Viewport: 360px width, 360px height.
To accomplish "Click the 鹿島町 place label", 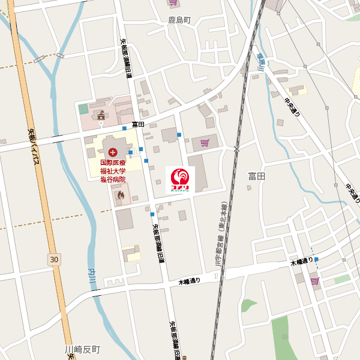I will [179, 20].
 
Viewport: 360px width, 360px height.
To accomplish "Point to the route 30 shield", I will [55, 259].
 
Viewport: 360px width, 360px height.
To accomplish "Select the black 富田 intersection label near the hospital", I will [139, 124].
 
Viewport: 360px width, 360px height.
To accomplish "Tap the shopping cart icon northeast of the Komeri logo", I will [205, 142].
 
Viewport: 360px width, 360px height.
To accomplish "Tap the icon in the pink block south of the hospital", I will [121, 195].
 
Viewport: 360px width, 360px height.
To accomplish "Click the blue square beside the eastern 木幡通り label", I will [316, 260].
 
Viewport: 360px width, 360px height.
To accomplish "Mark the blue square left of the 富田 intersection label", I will [124, 128].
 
